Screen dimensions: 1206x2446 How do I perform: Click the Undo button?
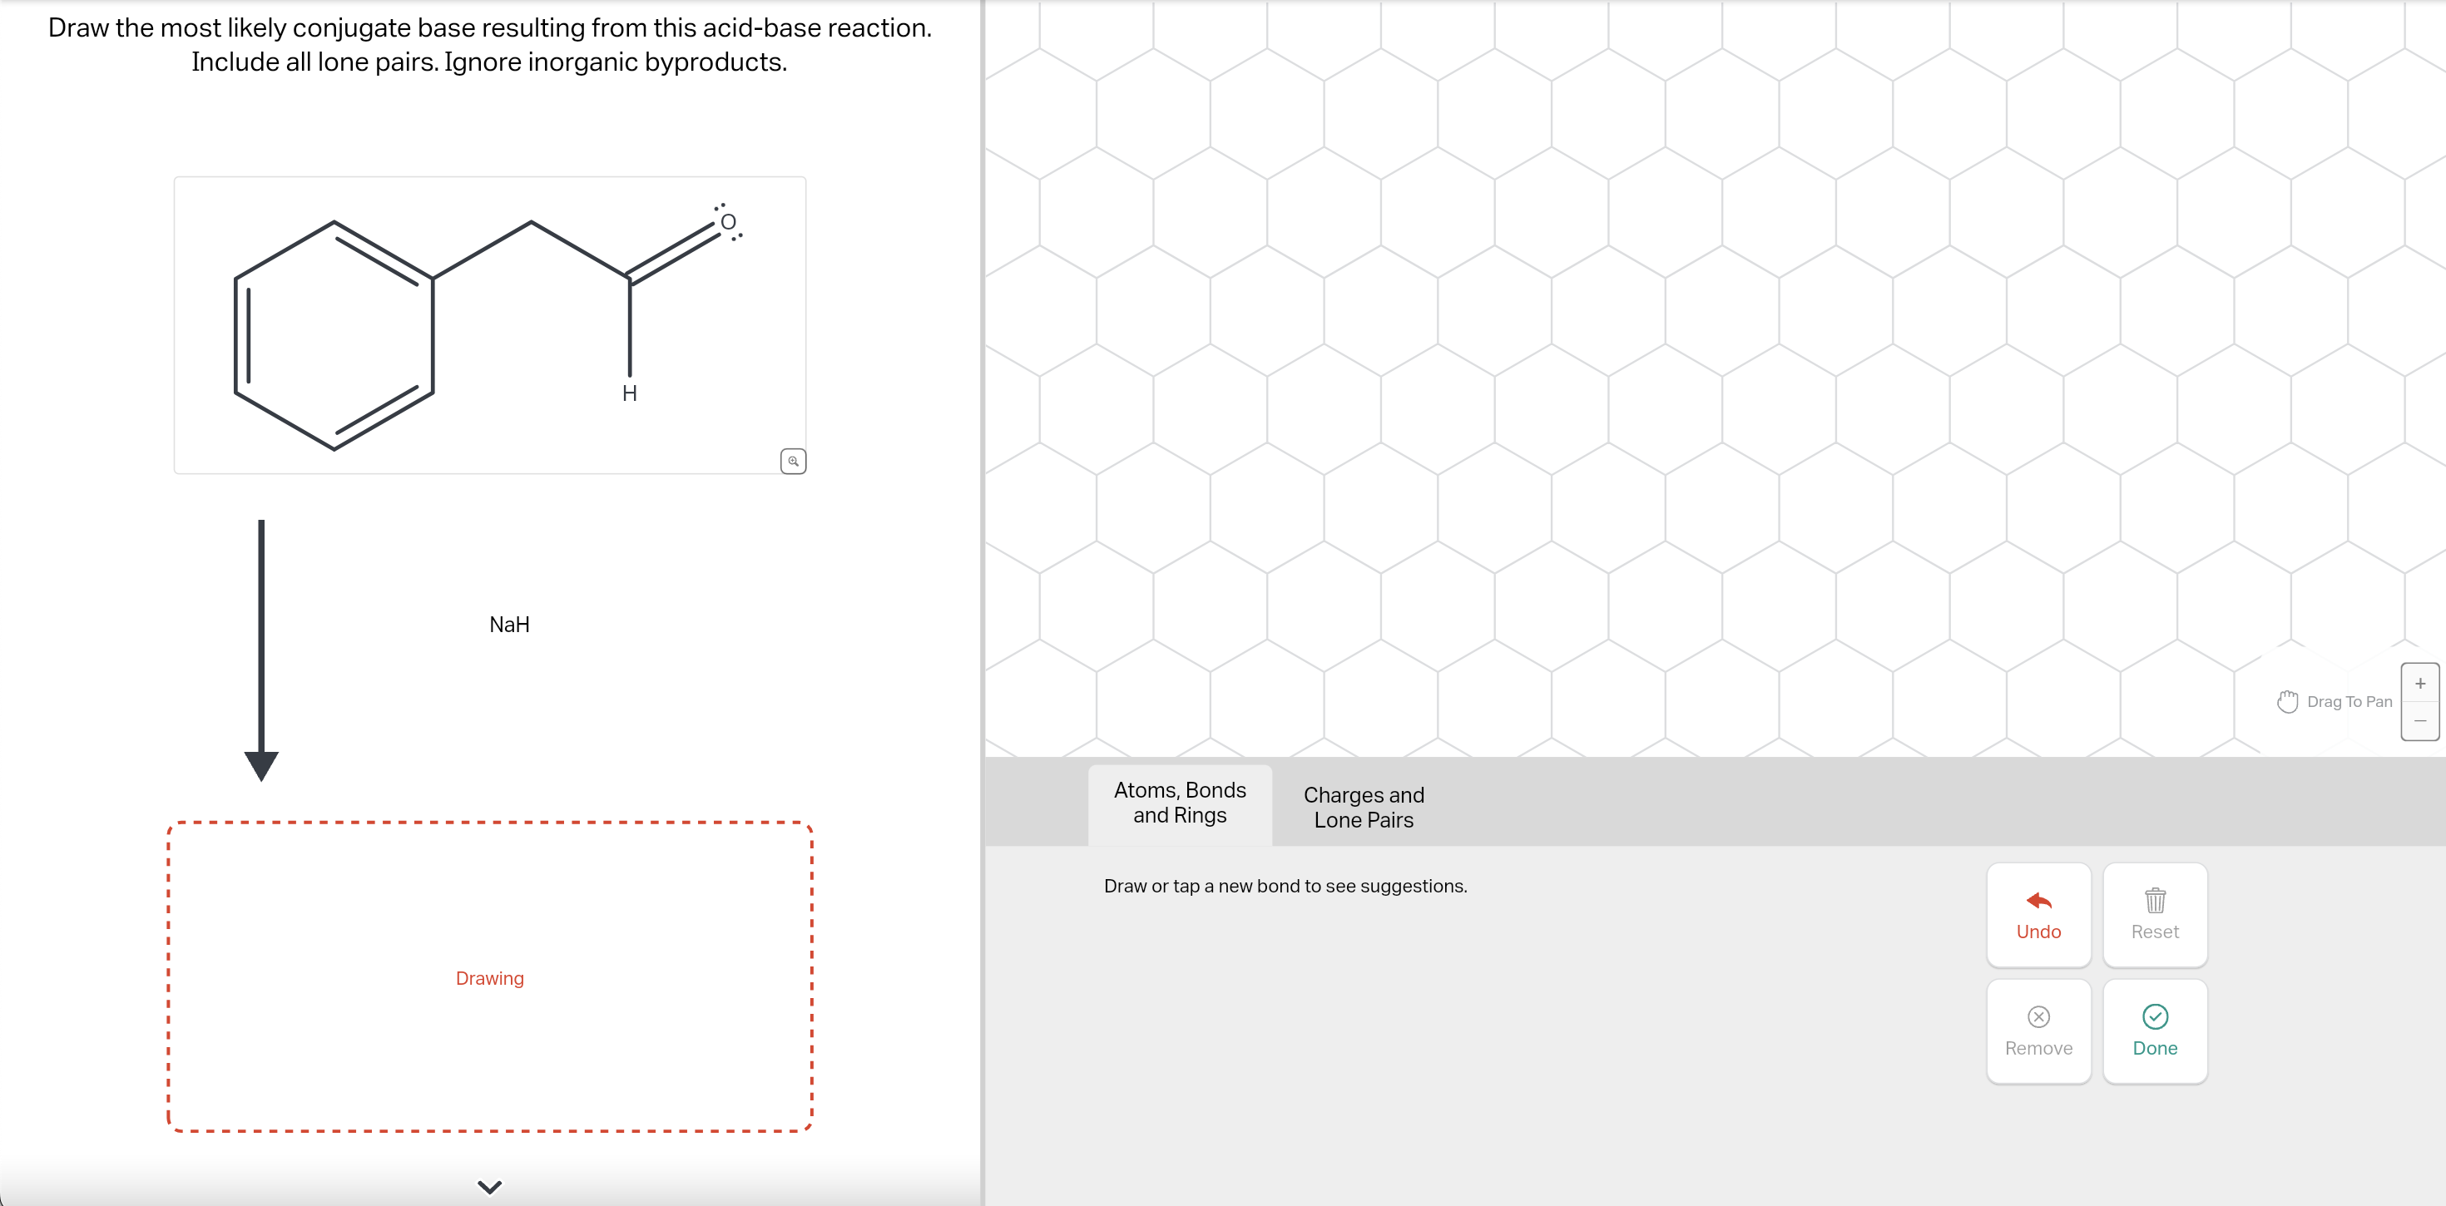[x=2038, y=914]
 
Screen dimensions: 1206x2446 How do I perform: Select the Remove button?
[x=2038, y=1031]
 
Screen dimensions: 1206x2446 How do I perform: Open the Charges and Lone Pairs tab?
[x=1363, y=807]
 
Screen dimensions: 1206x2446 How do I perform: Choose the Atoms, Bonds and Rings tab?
[x=1180, y=803]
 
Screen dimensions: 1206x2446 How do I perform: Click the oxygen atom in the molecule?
[x=728, y=222]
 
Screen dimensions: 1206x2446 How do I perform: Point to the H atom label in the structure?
[x=630, y=393]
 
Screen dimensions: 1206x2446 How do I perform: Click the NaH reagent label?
[x=509, y=625]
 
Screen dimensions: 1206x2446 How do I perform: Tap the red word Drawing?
[x=489, y=978]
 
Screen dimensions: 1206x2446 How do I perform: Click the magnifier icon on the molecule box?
[x=793, y=462]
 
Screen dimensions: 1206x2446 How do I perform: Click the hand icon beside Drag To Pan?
[x=2287, y=702]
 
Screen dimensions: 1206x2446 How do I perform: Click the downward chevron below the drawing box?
[x=489, y=1187]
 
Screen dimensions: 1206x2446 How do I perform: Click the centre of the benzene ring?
[x=334, y=335]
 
